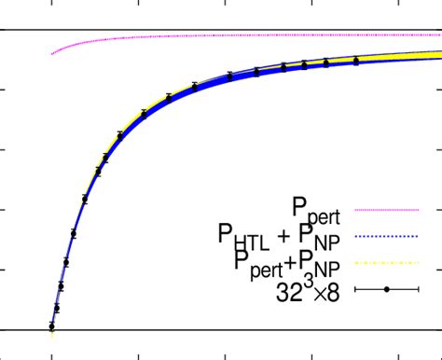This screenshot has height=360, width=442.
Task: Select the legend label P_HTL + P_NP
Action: pos(280,236)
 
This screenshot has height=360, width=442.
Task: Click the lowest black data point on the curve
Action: pos(51,326)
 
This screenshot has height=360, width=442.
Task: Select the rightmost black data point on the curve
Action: pos(356,61)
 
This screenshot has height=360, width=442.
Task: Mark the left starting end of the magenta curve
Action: pos(52,53)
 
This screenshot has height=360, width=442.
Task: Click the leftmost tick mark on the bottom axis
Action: pos(51,355)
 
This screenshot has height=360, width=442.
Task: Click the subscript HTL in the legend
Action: pos(253,242)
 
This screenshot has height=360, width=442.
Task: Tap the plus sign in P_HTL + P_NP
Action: pos(286,236)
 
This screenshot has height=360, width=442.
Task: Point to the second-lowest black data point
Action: pos(56,308)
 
